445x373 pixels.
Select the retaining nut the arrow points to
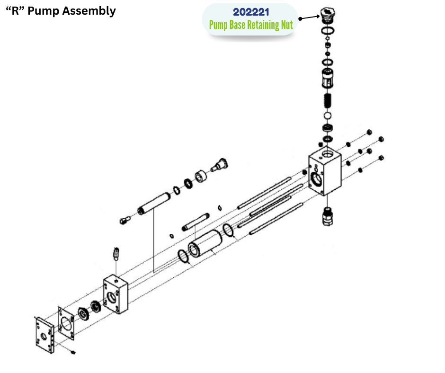pos(327,16)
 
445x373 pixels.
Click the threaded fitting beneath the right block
pos(327,216)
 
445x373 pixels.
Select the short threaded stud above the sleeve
pos(195,222)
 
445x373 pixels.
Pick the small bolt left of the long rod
pos(125,220)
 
